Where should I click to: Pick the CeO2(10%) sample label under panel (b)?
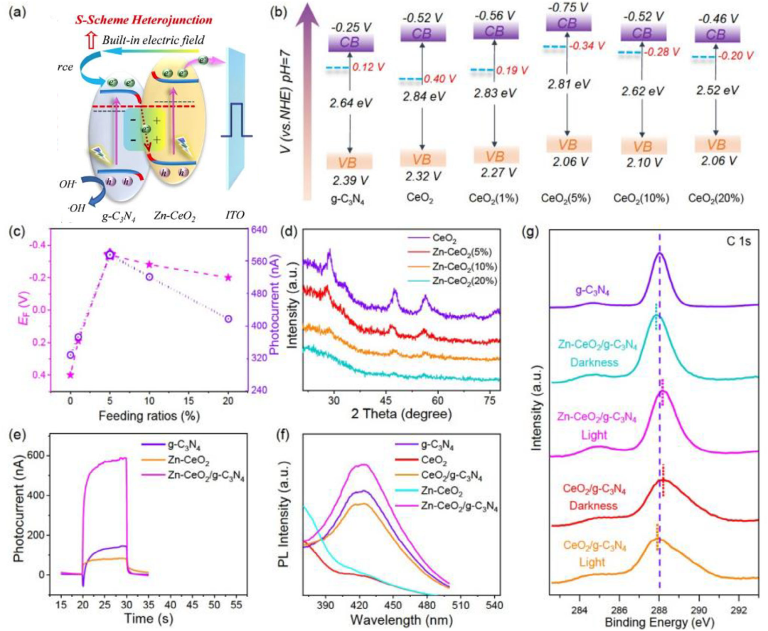point(642,198)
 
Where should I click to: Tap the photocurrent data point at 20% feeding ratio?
point(228,319)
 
